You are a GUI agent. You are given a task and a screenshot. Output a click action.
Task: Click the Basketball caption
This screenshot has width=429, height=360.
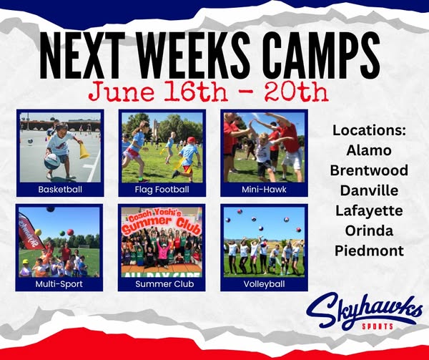click(x=60, y=190)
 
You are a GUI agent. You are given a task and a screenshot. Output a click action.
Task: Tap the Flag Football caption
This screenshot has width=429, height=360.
click(x=162, y=190)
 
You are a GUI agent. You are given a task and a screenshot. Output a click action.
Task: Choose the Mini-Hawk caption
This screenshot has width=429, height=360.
click(x=264, y=190)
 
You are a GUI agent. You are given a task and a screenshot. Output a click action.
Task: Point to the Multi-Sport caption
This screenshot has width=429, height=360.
click(x=59, y=284)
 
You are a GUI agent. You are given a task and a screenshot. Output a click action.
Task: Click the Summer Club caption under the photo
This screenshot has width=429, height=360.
click(x=164, y=284)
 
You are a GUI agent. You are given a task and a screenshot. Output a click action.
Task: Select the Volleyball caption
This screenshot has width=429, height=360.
click(x=264, y=284)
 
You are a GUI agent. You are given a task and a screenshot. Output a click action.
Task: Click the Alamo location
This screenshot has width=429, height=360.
click(x=369, y=150)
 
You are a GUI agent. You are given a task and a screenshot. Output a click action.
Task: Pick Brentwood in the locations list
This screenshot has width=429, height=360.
click(x=369, y=170)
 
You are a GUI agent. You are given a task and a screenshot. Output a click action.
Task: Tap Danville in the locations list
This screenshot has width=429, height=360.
click(x=369, y=190)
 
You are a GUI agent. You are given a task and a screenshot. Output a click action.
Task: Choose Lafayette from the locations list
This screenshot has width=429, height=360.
click(x=369, y=211)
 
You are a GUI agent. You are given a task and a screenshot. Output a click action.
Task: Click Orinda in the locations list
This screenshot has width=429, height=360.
click(x=369, y=230)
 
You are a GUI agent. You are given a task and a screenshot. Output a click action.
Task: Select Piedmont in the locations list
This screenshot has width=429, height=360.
click(x=369, y=250)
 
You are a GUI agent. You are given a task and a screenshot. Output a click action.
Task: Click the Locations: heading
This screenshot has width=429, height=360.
click(x=369, y=130)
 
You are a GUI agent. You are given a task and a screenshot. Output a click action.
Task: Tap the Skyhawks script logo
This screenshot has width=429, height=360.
click(x=364, y=311)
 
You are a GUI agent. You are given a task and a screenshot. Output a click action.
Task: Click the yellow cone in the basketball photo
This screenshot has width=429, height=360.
click(x=84, y=150)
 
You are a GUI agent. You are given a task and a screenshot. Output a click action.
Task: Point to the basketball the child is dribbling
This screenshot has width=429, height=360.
click(x=52, y=162)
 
